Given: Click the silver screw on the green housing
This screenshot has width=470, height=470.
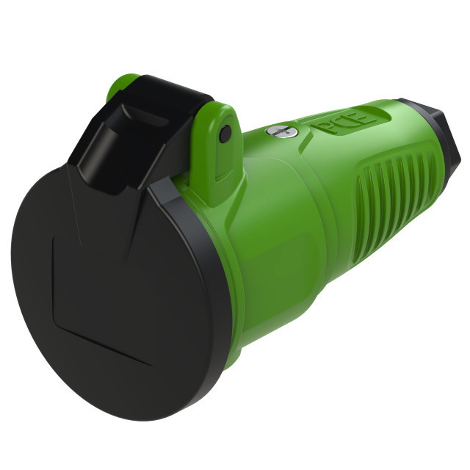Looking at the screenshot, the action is click(281, 131).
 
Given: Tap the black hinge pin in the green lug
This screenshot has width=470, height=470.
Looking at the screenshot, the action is click(225, 134).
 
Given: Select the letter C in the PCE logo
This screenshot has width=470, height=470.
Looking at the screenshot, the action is click(344, 122).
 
